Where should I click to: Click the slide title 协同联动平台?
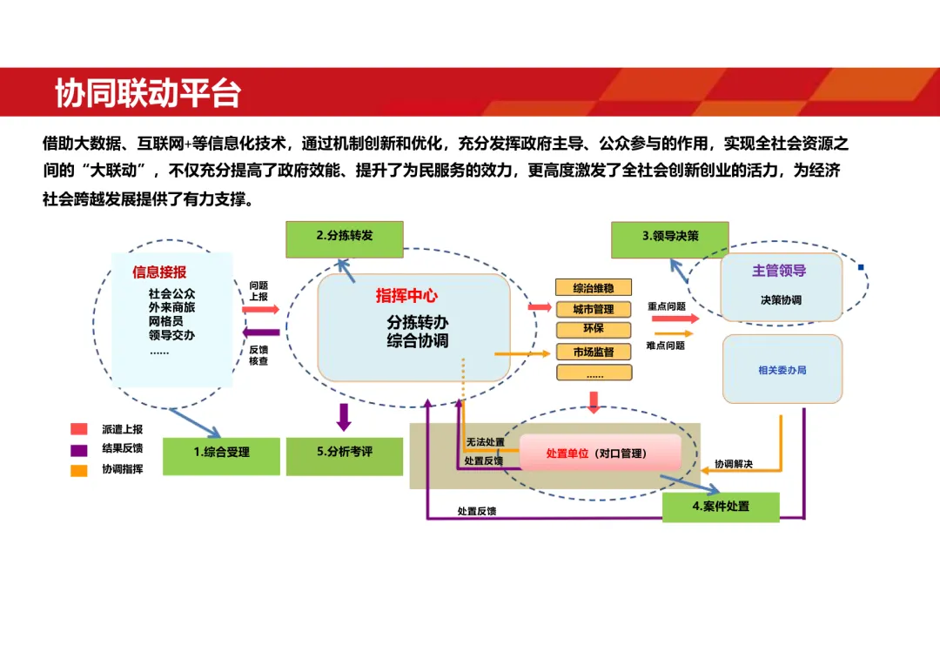[x=148, y=93]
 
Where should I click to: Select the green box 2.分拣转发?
[x=345, y=238]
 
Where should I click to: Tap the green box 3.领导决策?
[x=670, y=238]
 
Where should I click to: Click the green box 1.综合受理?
[x=221, y=455]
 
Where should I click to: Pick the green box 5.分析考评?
[x=345, y=455]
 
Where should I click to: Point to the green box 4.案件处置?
[x=721, y=507]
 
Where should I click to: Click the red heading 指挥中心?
[x=406, y=296]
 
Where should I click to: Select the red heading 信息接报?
[x=159, y=272]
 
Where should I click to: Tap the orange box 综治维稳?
[x=594, y=287]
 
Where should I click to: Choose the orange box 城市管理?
[x=594, y=309]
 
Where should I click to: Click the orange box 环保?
[x=594, y=329]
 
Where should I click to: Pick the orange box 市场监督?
[x=594, y=352]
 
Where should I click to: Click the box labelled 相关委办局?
[x=782, y=369]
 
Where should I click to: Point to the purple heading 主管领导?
[x=779, y=271]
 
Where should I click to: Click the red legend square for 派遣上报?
[x=79, y=429]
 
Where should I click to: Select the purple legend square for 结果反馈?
[x=79, y=450]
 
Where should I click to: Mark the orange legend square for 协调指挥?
[x=79, y=471]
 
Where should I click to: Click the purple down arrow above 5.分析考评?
[x=344, y=417]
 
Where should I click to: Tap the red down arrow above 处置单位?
[x=594, y=402]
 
